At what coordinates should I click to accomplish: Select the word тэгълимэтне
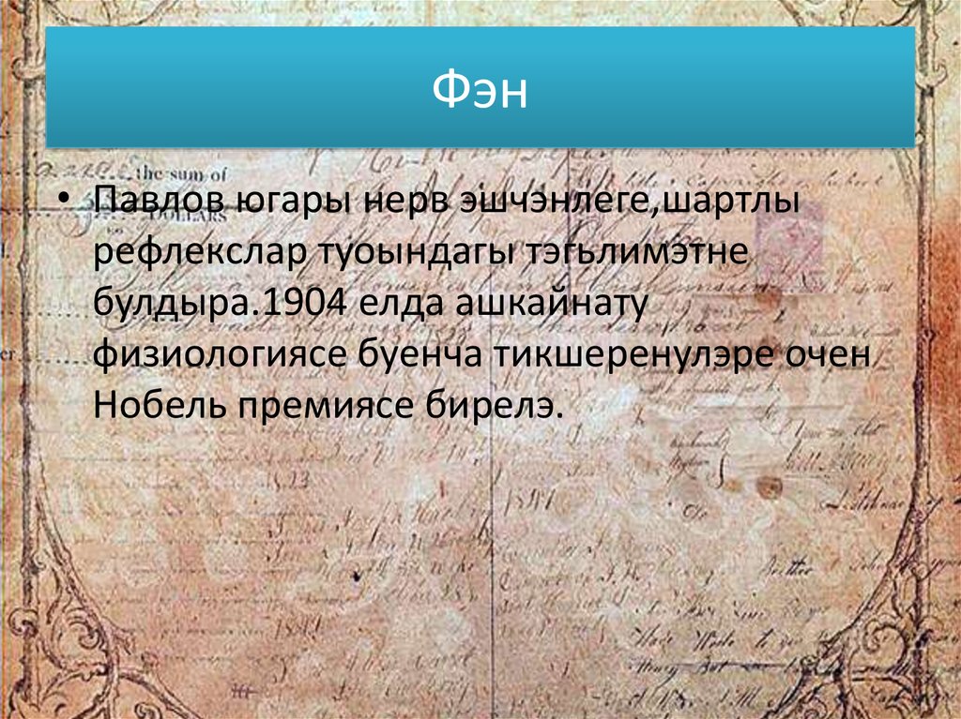tap(619, 253)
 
